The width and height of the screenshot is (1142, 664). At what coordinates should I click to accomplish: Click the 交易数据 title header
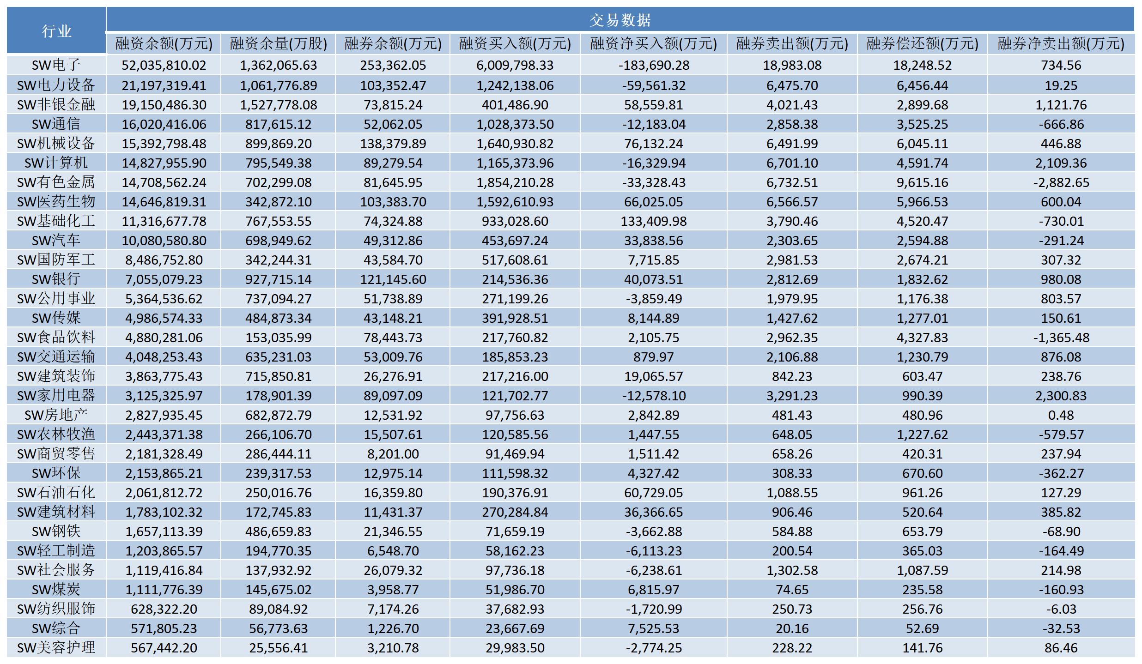(620, 20)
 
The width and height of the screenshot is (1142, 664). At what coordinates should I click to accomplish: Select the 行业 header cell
(56, 31)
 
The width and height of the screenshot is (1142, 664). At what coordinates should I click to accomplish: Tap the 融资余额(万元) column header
(164, 43)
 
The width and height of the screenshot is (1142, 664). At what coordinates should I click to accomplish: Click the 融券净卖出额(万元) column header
(1061, 43)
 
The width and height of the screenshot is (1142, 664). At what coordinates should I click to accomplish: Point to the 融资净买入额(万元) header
(653, 43)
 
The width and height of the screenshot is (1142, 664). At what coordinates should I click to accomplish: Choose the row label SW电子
(56, 65)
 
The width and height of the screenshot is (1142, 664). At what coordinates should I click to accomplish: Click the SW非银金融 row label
(56, 105)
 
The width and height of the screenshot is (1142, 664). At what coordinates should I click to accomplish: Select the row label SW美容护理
(56, 648)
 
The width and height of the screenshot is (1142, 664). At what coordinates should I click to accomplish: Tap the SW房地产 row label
(56, 415)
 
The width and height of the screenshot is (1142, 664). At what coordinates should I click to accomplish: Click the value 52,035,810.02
(164, 65)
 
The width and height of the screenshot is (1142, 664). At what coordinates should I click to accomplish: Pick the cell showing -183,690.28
(653, 65)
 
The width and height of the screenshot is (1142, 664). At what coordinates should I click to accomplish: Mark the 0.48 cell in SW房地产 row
(1061, 415)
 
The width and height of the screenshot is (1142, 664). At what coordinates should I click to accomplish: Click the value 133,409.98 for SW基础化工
(653, 221)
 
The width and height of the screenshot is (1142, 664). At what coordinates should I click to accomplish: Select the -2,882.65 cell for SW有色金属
(1061, 182)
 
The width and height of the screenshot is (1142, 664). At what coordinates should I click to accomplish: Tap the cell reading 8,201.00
(393, 454)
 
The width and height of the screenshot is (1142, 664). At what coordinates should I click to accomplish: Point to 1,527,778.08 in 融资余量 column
(278, 105)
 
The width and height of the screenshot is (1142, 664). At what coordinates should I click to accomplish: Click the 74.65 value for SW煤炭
(792, 590)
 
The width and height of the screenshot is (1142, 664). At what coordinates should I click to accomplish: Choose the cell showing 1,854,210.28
(515, 182)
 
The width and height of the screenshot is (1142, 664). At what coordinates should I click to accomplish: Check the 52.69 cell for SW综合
(922, 628)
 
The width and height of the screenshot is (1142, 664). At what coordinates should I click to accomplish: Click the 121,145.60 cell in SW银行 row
(393, 279)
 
